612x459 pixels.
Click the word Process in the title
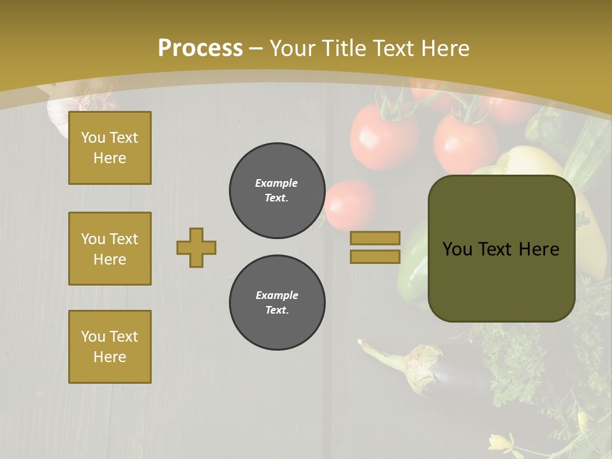click(200, 48)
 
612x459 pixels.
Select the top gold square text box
click(110, 148)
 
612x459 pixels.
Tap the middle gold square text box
click(110, 249)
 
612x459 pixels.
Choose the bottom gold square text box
click(110, 347)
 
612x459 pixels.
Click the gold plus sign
click(196, 247)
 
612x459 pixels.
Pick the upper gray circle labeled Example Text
click(277, 191)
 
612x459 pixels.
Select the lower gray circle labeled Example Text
click(277, 303)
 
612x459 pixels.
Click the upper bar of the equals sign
click(375, 238)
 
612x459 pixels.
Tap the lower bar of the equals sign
click(375, 256)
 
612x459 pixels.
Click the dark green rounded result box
click(501, 249)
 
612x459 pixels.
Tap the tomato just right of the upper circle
click(351, 204)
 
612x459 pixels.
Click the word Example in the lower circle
click(277, 295)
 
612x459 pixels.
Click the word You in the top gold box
click(93, 138)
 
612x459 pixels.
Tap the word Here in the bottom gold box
click(110, 357)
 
